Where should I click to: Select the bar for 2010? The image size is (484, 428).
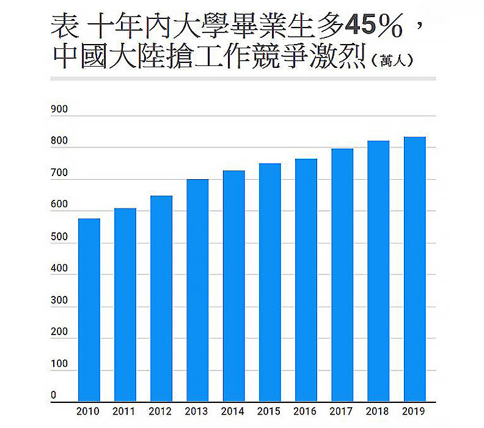(89, 310)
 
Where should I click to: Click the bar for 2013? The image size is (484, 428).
(197, 290)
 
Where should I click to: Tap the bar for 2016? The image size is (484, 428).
(306, 280)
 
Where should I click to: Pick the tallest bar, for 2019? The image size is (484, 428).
(415, 269)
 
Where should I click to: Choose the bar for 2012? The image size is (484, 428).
(161, 298)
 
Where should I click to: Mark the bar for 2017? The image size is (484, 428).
(342, 275)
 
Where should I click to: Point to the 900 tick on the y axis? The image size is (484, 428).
(59, 109)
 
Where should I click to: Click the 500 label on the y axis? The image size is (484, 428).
(59, 237)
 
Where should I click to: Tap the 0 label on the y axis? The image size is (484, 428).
(53, 396)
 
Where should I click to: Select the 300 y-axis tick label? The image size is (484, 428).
(59, 300)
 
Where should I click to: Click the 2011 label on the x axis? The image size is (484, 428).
(125, 411)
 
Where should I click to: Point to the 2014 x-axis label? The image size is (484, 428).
(233, 411)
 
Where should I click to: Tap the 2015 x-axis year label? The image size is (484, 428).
(270, 411)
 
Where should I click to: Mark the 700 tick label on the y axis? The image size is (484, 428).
(59, 173)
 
